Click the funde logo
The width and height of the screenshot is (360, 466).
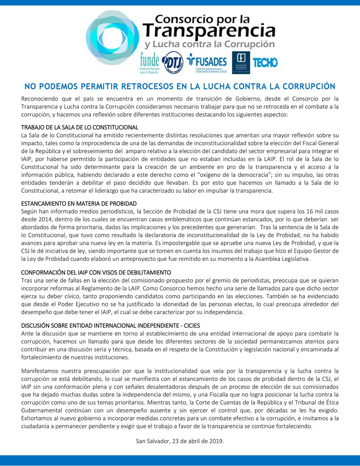pyautogui.click(x=150, y=62)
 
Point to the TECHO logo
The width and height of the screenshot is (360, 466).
pyautogui.click(x=265, y=63)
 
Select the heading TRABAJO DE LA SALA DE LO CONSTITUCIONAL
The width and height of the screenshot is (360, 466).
pyautogui.click(x=80, y=128)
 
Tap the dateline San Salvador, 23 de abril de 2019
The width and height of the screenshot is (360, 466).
pyautogui.click(x=180, y=442)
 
